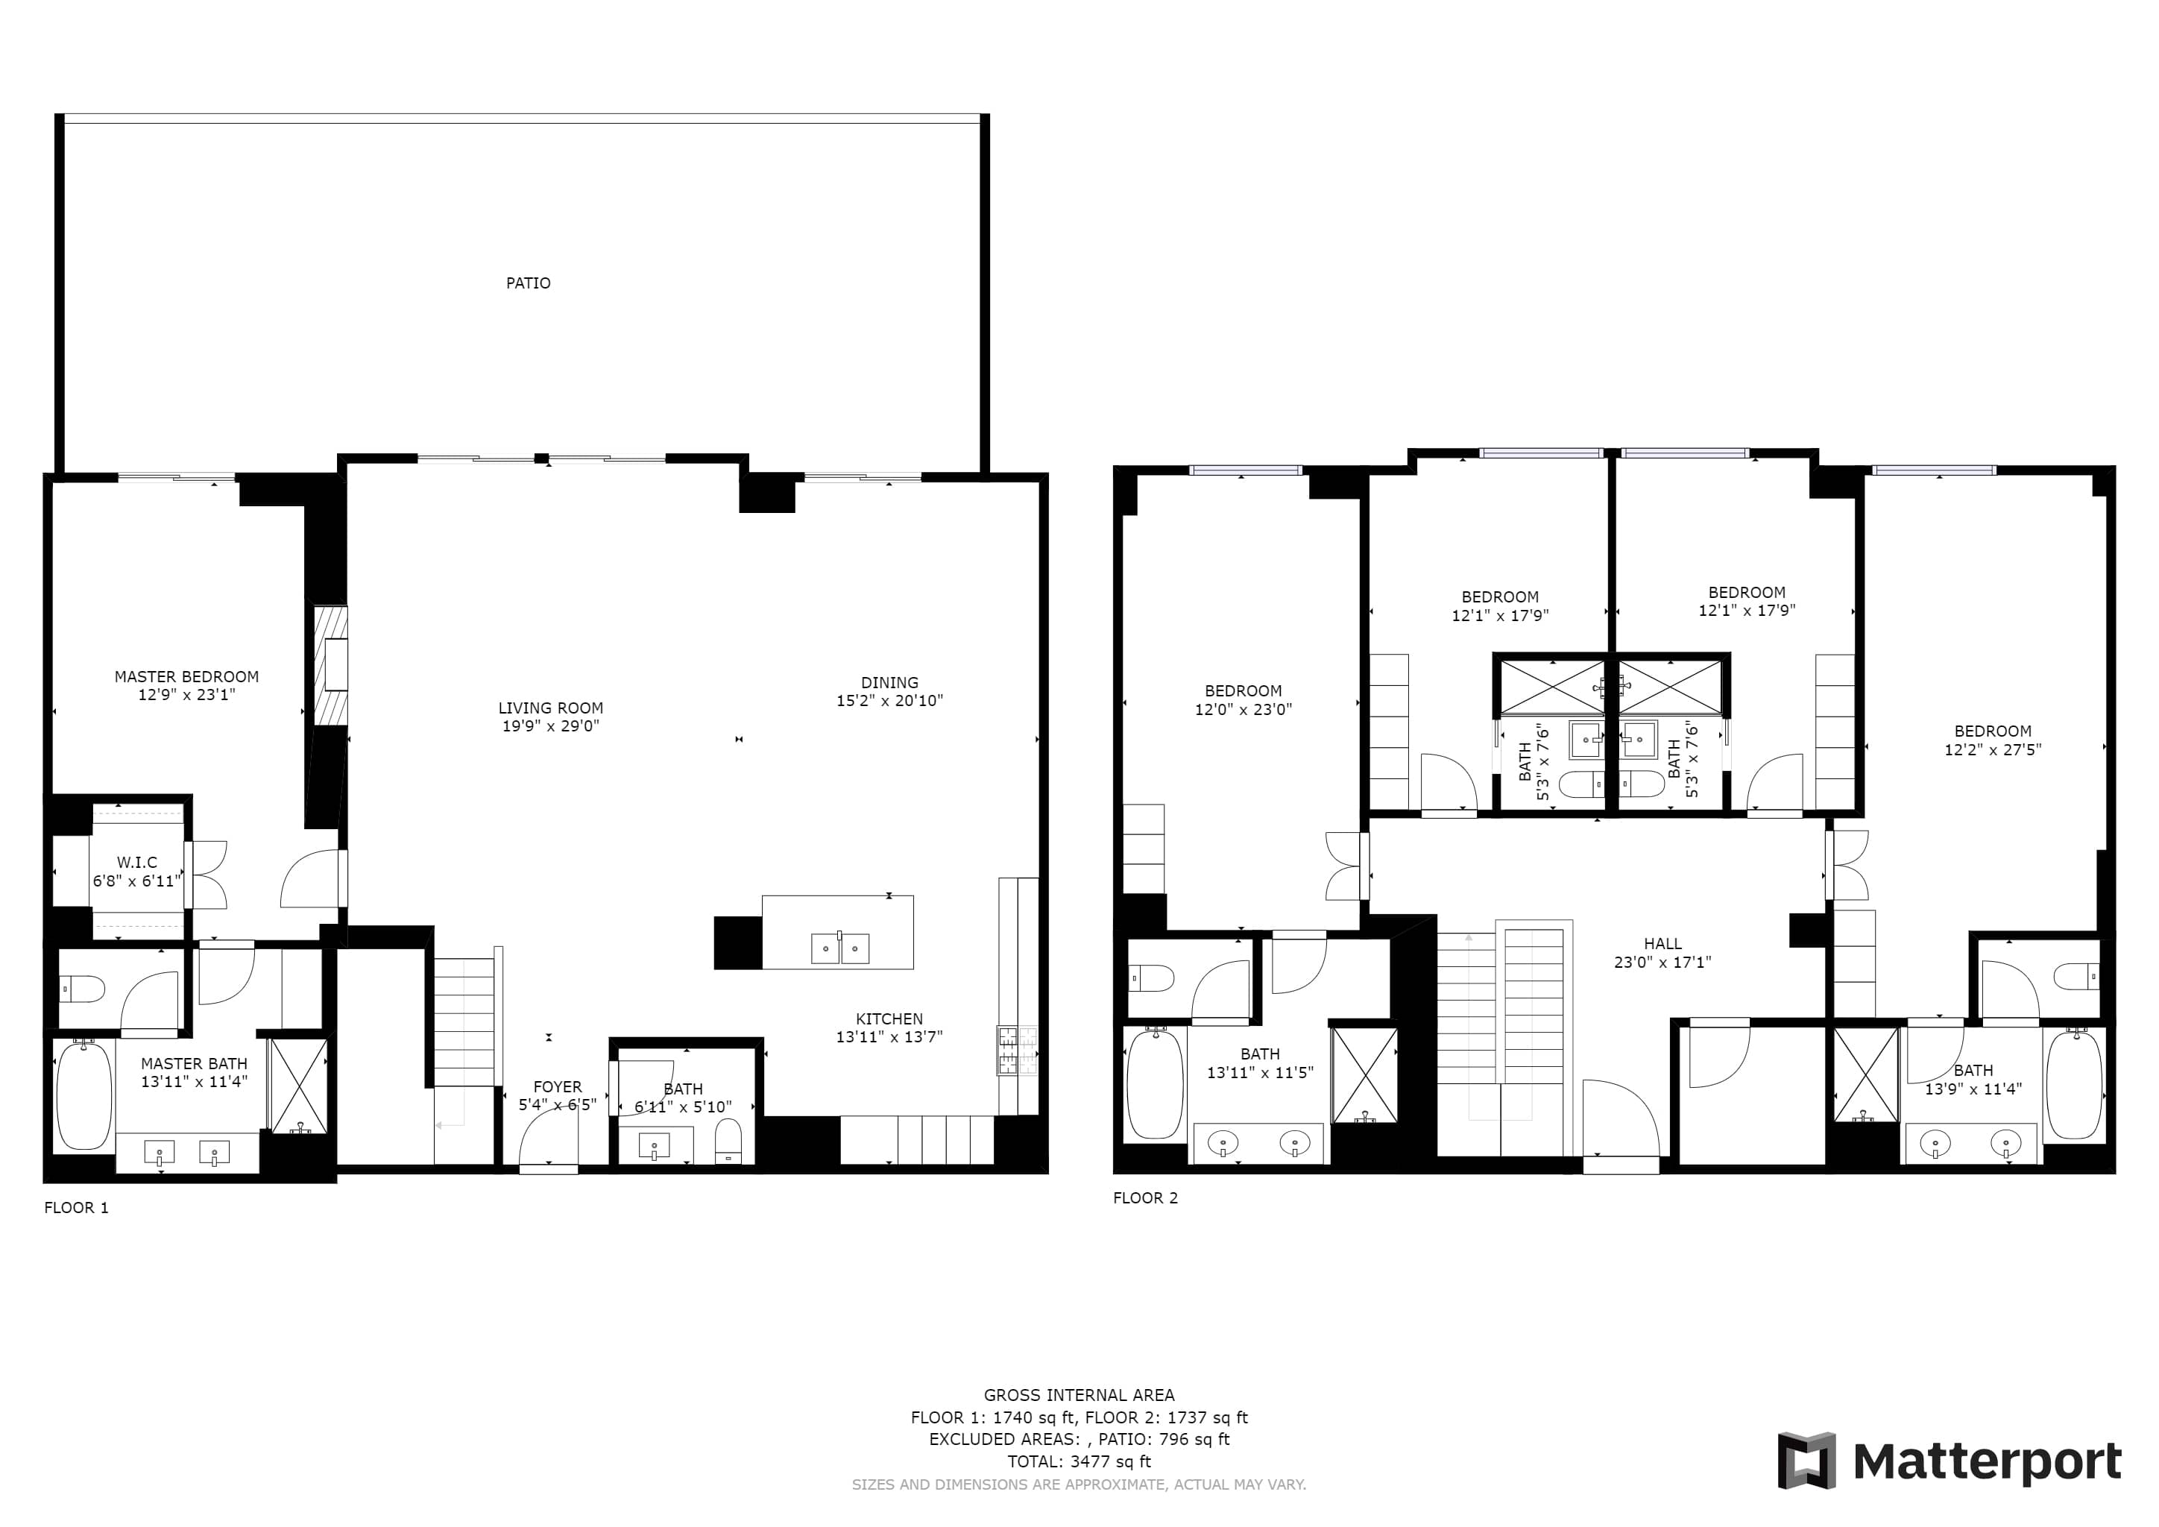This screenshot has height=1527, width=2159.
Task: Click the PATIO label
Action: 528,283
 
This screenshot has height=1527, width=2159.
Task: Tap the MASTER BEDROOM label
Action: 186,677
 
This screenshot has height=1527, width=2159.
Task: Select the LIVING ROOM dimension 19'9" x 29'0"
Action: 550,726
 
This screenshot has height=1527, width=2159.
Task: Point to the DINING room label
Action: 889,683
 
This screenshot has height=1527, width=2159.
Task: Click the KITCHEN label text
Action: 889,1019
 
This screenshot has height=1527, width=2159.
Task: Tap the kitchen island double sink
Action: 839,948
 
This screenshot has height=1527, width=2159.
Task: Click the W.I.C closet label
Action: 136,862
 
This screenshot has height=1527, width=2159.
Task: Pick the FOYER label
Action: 557,1087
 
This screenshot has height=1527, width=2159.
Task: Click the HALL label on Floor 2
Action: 1662,944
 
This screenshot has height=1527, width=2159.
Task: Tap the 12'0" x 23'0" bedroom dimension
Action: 1243,710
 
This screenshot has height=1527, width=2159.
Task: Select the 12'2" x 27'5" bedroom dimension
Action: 1993,749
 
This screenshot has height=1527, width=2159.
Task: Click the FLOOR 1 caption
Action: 76,1207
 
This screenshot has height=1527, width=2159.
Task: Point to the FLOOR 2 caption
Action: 1145,1198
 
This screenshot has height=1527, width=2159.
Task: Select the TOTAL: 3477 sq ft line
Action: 1079,1461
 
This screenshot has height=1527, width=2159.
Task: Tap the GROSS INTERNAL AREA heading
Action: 1079,1395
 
